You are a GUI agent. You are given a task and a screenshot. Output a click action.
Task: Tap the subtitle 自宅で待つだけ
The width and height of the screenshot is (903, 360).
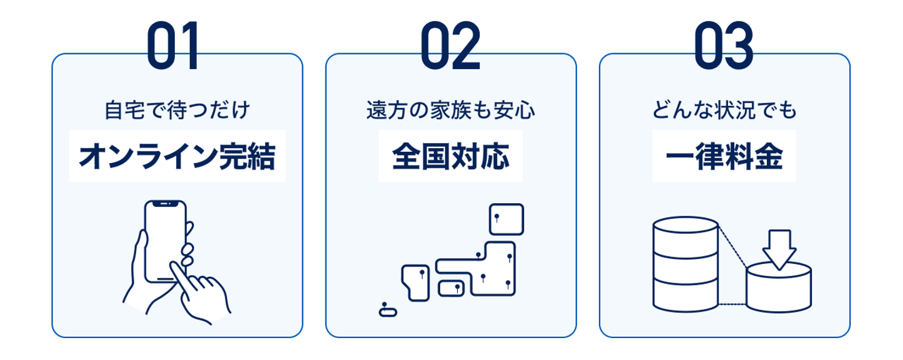click(x=177, y=111)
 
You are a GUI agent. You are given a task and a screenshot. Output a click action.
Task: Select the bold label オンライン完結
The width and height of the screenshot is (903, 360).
click(x=177, y=157)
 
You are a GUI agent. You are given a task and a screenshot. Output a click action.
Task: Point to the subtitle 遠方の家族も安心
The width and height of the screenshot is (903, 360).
click(x=450, y=111)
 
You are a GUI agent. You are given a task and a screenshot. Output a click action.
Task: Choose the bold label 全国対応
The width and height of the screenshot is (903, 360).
click(x=450, y=157)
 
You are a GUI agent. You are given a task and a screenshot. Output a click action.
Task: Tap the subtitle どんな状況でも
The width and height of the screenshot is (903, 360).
click(x=724, y=111)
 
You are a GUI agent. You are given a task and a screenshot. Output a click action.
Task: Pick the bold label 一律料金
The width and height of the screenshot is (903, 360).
click(x=724, y=157)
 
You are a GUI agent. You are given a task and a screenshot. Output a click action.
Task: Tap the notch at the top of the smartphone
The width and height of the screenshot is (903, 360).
click(x=166, y=204)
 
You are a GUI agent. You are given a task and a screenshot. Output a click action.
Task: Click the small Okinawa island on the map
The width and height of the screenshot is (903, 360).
click(x=387, y=310)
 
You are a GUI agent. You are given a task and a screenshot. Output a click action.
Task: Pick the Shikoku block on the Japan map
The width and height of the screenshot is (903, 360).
click(x=450, y=289)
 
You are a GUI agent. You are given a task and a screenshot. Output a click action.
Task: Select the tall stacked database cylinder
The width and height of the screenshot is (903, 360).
click(x=684, y=263)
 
